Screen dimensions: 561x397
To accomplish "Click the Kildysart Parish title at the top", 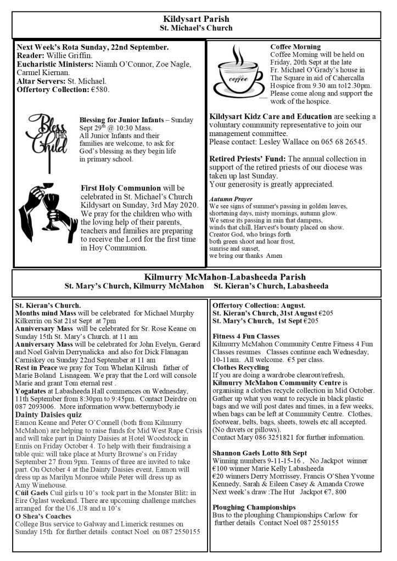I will point(196,19).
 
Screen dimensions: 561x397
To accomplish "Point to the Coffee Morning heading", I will point(295,47).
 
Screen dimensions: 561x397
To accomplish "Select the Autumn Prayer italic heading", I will point(231,199).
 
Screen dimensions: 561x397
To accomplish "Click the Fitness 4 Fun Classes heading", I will point(246,336).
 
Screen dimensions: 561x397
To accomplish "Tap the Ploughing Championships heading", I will point(254,507).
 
